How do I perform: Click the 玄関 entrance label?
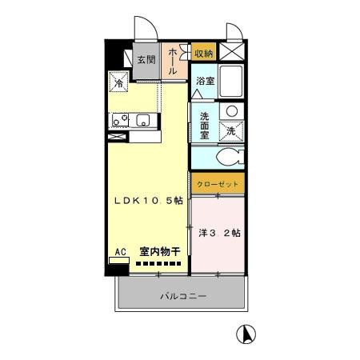click(x=145, y=59)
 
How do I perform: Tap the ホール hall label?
click(x=170, y=61)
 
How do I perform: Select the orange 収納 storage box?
click(x=203, y=53)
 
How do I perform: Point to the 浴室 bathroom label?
click(x=205, y=80)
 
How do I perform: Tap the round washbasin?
click(x=232, y=110)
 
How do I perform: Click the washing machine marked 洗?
click(x=230, y=130)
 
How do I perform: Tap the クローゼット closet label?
click(x=214, y=183)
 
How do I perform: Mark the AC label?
click(x=120, y=251)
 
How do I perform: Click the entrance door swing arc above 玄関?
click(x=142, y=27)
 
